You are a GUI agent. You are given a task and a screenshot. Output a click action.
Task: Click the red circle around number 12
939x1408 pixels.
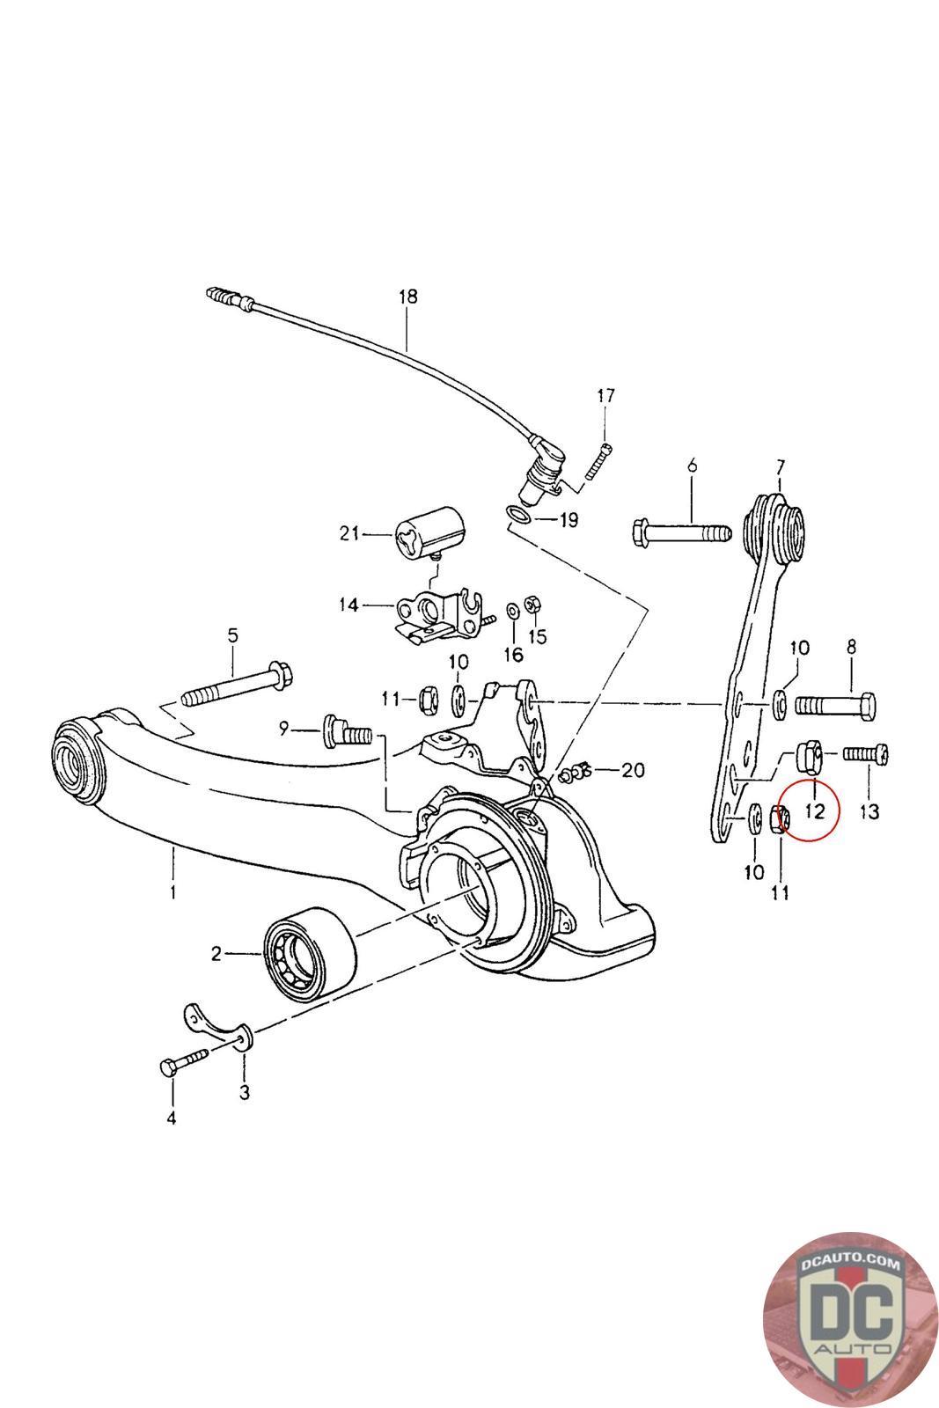[x=810, y=809]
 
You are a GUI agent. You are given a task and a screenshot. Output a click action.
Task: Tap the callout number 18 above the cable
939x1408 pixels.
[x=407, y=297]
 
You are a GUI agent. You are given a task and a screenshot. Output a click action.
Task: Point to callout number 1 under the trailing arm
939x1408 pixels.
[x=173, y=891]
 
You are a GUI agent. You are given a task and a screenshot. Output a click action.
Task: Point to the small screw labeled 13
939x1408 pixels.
[x=868, y=753]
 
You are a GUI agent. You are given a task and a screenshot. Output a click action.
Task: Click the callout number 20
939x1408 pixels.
[x=633, y=770]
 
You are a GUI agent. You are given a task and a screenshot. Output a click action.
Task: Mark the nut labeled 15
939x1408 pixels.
[x=532, y=604]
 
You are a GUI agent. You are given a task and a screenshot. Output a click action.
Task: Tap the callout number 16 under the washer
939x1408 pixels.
[x=513, y=654]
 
